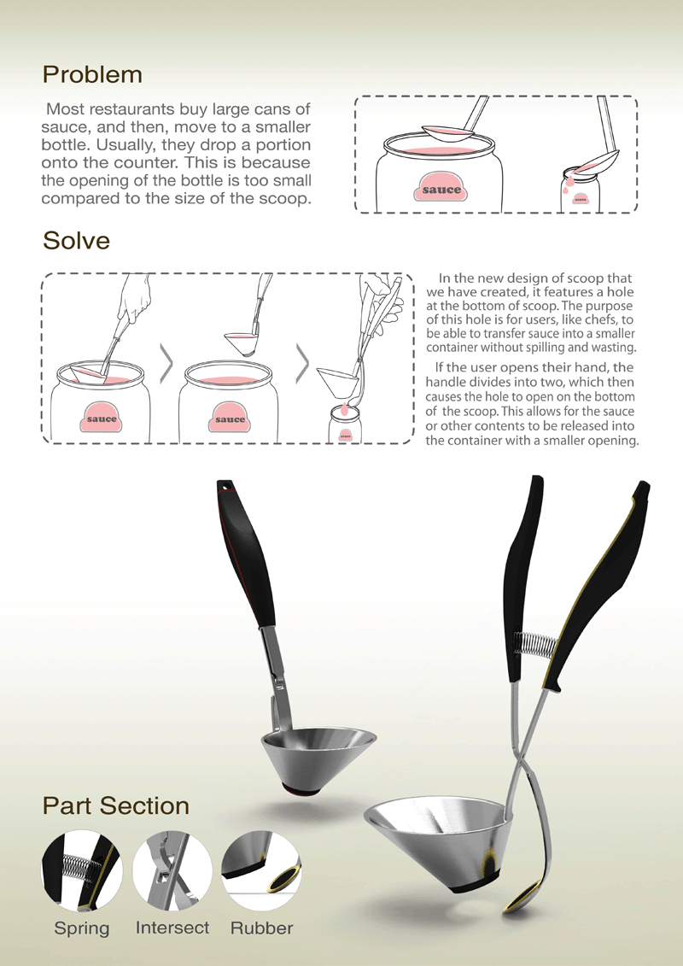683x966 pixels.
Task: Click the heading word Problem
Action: (92, 74)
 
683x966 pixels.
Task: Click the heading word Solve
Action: (76, 240)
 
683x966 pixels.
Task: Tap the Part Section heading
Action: (116, 805)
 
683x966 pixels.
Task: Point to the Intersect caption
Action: (172, 928)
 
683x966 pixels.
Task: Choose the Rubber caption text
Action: (262, 928)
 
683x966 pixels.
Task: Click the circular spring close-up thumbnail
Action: (81, 870)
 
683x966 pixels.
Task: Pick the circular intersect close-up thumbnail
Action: (172, 870)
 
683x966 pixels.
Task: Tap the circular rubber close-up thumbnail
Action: (261, 870)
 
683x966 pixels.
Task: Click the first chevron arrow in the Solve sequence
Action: (166, 364)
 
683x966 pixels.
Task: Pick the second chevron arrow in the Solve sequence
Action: (302, 364)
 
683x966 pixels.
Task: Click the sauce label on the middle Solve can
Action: (230, 417)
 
